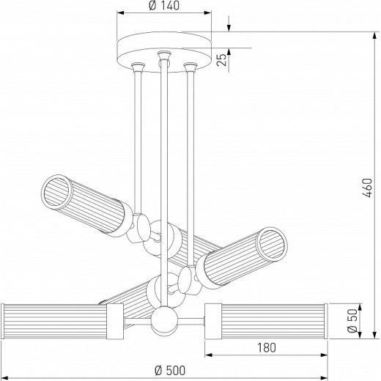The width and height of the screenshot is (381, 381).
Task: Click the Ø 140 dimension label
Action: point(164,6)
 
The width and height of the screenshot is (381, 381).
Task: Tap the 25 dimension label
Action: point(222,59)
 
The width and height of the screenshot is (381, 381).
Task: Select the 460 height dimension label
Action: point(367,188)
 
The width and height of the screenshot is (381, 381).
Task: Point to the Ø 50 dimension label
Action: point(352,321)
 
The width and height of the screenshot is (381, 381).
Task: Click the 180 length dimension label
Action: point(267,347)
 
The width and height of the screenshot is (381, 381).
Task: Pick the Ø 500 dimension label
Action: point(170,371)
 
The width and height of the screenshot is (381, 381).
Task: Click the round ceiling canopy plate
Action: point(164,52)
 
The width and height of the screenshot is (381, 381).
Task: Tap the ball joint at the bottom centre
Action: point(164,320)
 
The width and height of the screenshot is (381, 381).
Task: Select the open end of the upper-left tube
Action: point(56,192)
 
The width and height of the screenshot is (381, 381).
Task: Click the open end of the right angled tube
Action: point(272,243)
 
